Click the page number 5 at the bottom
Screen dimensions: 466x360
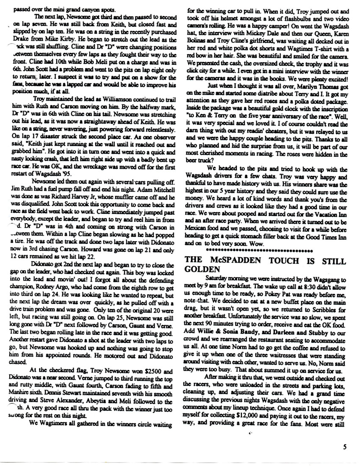346,445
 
